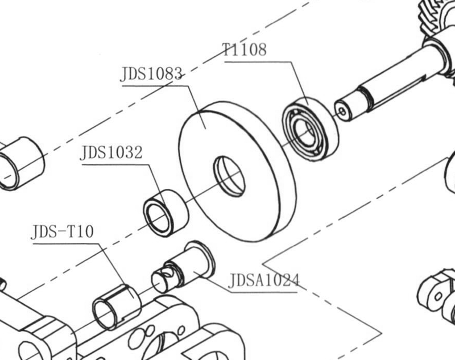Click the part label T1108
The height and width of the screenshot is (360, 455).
(244, 49)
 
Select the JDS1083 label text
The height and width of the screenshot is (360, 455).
(151, 74)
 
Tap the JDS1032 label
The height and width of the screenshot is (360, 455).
(111, 152)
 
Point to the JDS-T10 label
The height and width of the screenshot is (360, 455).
(63, 231)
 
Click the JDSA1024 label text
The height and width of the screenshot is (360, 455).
(264, 280)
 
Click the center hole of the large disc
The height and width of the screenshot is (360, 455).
(229, 176)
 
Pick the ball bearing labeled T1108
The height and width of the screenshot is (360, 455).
(311, 130)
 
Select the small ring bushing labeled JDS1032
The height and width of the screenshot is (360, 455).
(166, 213)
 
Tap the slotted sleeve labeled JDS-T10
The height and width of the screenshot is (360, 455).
(117, 307)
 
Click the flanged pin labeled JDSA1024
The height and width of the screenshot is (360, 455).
(183, 267)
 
